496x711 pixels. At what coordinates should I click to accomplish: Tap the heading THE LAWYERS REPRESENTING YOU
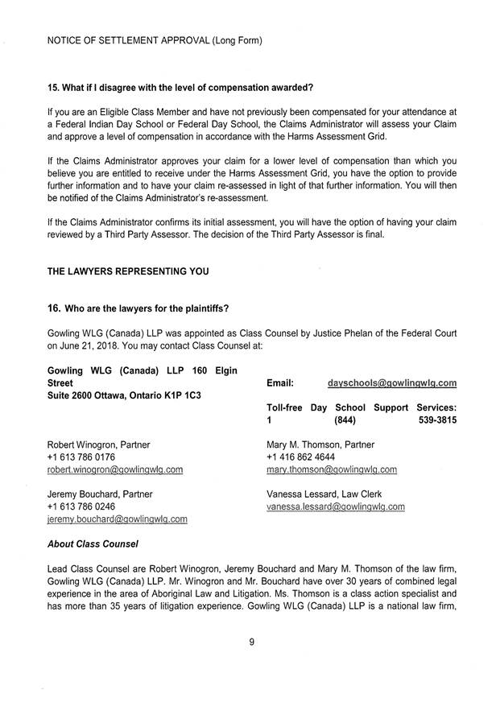coord(128,271)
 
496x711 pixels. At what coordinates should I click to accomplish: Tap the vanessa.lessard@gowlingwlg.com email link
coord(335,506)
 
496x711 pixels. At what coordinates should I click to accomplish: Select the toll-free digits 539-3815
coord(438,420)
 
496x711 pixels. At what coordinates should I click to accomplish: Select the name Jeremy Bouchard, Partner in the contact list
coord(99,494)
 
